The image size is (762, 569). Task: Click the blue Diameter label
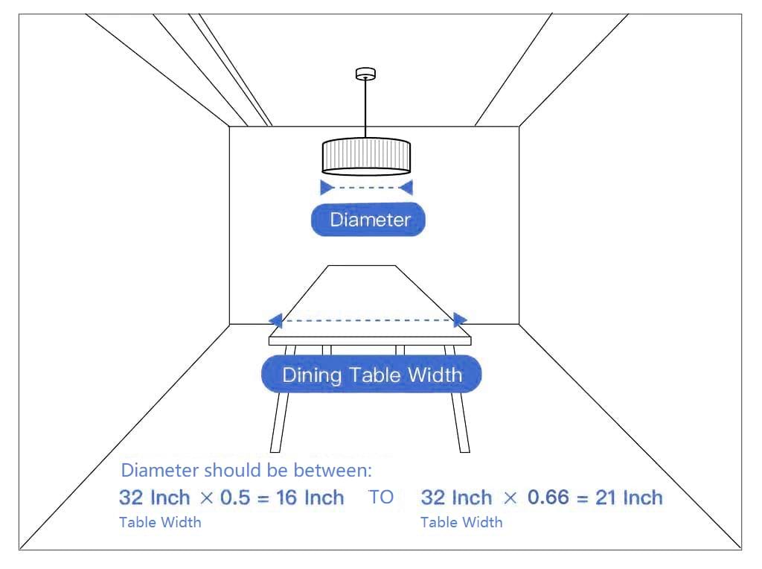pyautogui.click(x=368, y=219)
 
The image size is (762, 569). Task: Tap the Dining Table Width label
pyautogui.click(x=371, y=374)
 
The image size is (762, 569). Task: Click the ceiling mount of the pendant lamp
pyautogui.click(x=365, y=74)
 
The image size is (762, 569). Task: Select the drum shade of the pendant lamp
pyautogui.click(x=366, y=156)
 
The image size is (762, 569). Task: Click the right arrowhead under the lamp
pyautogui.click(x=406, y=187)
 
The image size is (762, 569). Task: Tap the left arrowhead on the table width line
pyautogui.click(x=275, y=320)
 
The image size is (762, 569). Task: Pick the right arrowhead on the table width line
pyautogui.click(x=460, y=320)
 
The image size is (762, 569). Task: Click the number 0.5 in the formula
pyautogui.click(x=235, y=498)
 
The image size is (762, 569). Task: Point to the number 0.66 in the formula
pyautogui.click(x=548, y=497)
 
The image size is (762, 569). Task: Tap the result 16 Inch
pyautogui.click(x=310, y=498)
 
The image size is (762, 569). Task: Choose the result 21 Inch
pyautogui.click(x=629, y=498)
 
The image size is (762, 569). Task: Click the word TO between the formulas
pyautogui.click(x=381, y=497)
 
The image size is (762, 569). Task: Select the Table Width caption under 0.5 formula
pyautogui.click(x=161, y=522)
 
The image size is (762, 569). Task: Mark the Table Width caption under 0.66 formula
pyautogui.click(x=461, y=522)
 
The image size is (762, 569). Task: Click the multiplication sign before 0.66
pyautogui.click(x=510, y=498)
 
